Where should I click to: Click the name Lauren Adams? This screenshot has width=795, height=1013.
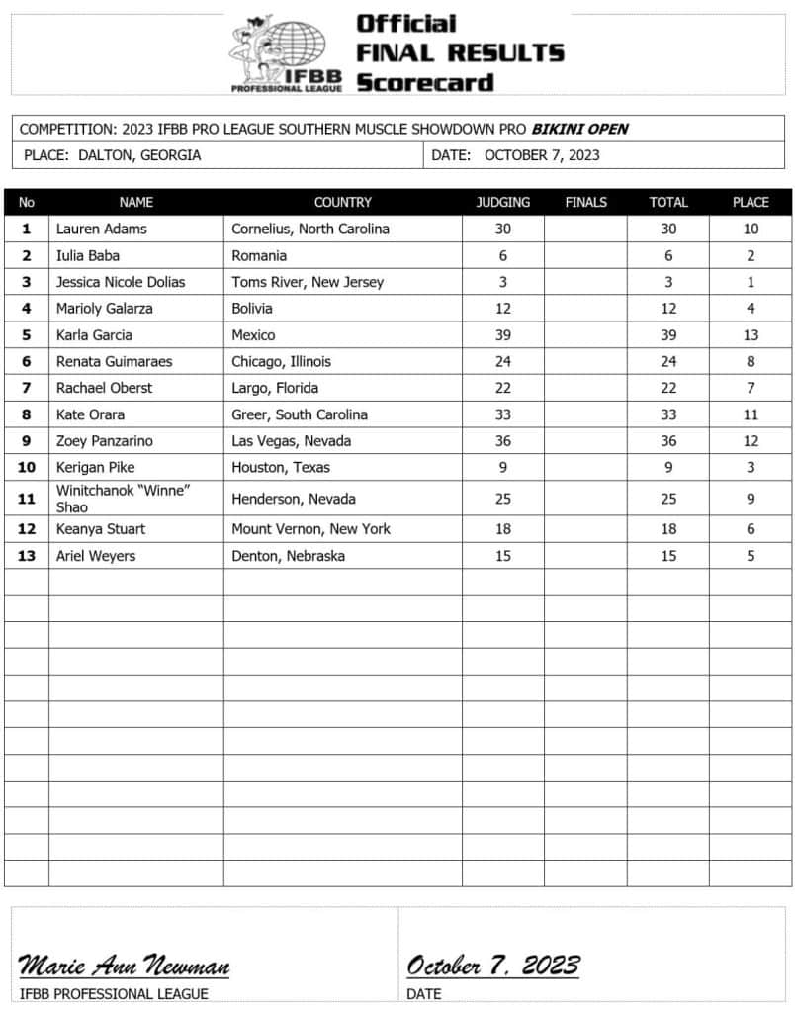click(101, 229)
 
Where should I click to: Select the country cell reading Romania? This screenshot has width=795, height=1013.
click(259, 255)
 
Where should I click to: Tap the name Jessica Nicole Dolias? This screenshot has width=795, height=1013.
click(121, 282)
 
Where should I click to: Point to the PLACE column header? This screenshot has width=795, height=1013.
click(751, 202)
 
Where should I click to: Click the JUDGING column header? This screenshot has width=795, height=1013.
click(502, 202)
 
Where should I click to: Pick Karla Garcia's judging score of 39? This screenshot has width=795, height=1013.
click(503, 335)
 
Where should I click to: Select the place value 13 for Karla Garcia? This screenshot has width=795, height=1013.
click(751, 335)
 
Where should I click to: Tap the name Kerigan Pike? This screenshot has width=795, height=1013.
click(95, 467)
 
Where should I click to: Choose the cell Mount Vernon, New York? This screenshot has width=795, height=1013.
click(310, 529)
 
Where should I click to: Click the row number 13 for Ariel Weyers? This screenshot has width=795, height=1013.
click(27, 556)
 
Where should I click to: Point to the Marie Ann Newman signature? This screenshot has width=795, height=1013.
click(125, 965)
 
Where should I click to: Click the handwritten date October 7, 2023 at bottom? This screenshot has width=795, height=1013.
click(492, 965)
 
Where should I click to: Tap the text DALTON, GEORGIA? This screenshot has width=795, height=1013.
click(138, 155)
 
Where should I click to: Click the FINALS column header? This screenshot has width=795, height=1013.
click(585, 202)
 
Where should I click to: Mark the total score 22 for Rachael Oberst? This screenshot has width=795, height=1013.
click(668, 388)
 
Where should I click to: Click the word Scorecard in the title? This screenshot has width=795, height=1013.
click(424, 82)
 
